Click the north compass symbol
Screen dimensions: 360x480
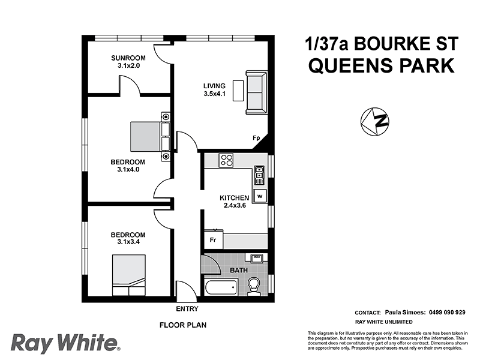375,121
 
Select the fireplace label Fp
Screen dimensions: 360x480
256,139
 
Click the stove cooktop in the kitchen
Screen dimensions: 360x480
226,160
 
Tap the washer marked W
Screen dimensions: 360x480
260,196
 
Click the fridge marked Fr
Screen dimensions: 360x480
212,240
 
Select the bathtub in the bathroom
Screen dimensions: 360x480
220,287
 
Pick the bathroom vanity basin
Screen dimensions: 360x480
257,259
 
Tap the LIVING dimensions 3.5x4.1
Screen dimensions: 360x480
215,94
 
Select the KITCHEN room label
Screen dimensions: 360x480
234,197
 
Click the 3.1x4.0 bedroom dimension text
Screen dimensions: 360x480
128,170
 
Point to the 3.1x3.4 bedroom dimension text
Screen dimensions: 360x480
128,242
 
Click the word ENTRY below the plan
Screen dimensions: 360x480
187,310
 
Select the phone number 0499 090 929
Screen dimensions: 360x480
448,312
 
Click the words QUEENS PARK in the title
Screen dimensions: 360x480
381,65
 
